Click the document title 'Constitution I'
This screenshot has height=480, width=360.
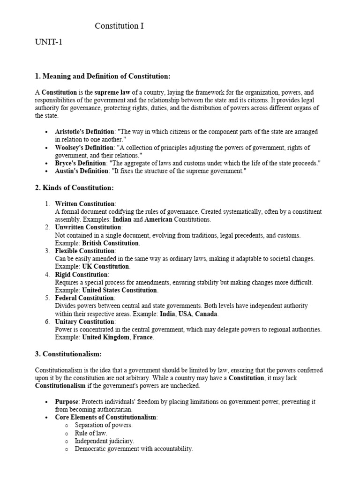(x=119, y=26)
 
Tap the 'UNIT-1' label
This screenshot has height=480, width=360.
(x=48, y=43)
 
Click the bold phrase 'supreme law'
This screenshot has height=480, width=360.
(x=112, y=92)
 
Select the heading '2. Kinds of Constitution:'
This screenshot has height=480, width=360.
(x=75, y=188)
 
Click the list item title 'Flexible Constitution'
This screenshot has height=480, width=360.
(x=85, y=251)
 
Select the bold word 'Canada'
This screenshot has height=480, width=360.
(x=207, y=314)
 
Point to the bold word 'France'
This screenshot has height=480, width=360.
(x=143, y=337)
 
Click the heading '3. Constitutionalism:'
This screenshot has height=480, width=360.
(x=68, y=354)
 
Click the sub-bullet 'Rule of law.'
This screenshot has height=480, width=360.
(x=91, y=433)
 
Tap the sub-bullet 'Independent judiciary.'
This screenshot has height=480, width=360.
(x=105, y=441)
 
